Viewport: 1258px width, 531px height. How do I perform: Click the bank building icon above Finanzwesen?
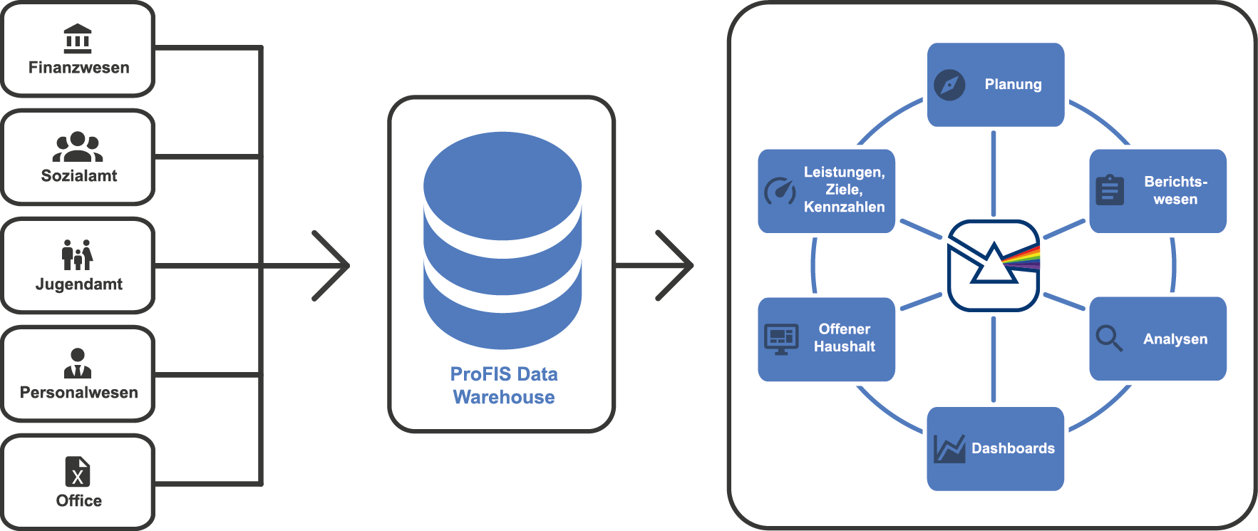[x=78, y=38]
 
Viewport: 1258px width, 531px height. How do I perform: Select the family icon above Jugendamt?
[x=78, y=254]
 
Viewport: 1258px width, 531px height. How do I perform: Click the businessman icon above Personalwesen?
[x=78, y=363]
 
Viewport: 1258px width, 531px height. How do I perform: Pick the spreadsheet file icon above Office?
[x=78, y=471]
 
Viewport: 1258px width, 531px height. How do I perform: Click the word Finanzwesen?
[x=79, y=68]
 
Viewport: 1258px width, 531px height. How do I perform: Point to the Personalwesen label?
[x=79, y=393]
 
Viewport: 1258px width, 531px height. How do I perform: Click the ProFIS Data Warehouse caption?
[x=504, y=386]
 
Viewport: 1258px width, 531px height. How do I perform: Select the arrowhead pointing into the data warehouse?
[x=333, y=266]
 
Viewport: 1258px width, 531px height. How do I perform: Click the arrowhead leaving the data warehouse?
[x=676, y=266]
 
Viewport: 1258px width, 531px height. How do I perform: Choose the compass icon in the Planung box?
[x=949, y=85]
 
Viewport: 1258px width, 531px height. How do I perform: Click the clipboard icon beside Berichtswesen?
[x=1110, y=190]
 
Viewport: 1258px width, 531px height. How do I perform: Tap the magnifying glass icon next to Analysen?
[x=1109, y=338]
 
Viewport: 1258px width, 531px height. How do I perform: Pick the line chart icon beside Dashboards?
[x=949, y=448]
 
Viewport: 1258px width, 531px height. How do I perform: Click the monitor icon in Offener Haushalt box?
[x=781, y=339]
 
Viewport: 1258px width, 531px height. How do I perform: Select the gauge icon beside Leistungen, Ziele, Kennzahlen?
[x=780, y=191]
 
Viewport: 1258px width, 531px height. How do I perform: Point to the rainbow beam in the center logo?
[x=1023, y=257]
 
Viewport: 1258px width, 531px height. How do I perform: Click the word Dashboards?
[x=1013, y=448]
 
